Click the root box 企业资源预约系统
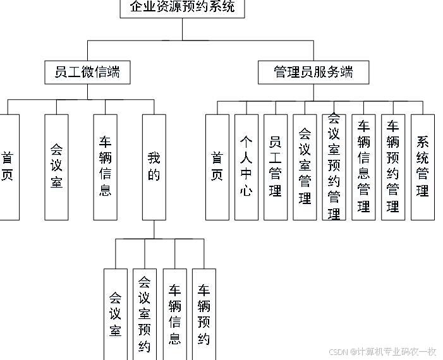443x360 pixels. (182, 8)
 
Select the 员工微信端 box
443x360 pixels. (87, 73)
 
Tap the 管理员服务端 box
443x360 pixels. (313, 73)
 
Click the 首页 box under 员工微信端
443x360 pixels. (8, 167)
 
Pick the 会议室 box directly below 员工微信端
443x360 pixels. (56, 167)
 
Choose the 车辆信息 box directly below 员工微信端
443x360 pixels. (105, 167)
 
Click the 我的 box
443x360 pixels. (154, 167)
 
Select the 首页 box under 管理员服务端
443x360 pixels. (217, 167)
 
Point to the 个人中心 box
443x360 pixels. (246, 167)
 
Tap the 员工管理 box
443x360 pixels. (276, 167)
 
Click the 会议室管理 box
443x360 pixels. (305, 167)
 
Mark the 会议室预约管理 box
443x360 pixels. (334, 167)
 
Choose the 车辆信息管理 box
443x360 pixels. (363, 167)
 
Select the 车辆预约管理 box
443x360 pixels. (393, 167)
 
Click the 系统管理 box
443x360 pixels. (423, 167)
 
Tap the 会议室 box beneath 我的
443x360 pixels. (116, 314)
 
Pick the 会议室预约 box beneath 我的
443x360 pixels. (145, 314)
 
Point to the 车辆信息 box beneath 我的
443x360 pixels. (174, 314)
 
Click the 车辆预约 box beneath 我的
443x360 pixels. (203, 314)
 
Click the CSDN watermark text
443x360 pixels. (383, 351)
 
